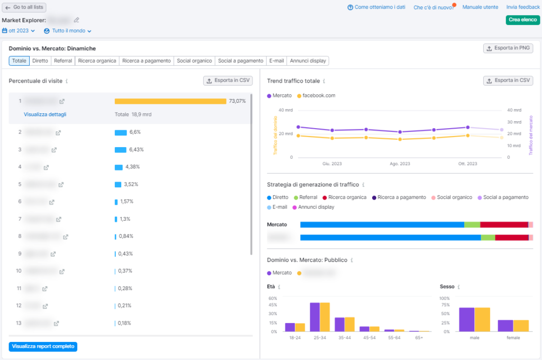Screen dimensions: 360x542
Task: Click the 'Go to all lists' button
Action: point(24,7)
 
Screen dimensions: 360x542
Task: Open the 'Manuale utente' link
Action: point(480,7)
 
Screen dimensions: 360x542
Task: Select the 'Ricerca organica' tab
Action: point(97,61)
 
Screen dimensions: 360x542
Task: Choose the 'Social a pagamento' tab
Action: point(240,61)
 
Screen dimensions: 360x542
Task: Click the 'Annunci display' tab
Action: point(308,61)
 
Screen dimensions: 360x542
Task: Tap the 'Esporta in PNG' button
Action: point(508,48)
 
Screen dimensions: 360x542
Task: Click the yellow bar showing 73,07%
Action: point(170,101)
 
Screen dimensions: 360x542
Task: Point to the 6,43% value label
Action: point(136,150)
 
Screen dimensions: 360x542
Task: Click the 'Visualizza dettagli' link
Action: point(45,114)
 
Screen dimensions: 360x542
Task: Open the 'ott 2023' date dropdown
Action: point(19,31)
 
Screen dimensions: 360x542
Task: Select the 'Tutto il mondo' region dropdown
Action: point(68,31)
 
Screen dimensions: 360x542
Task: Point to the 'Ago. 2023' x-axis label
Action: point(400,164)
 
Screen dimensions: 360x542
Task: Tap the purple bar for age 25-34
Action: point(314,317)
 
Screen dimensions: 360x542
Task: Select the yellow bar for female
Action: point(521,326)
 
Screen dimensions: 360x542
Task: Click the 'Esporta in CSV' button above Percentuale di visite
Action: point(228,81)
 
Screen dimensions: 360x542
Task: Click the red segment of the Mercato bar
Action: point(504,225)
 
